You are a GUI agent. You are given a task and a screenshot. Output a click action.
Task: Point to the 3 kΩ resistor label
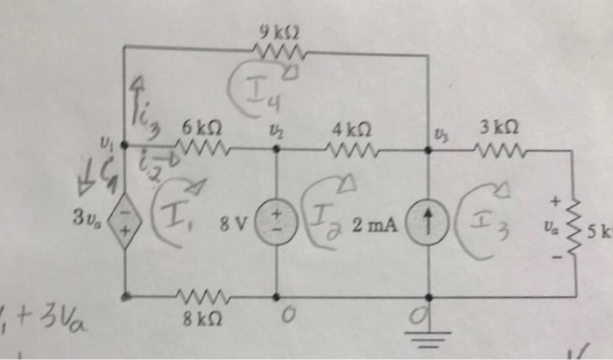pos(495,129)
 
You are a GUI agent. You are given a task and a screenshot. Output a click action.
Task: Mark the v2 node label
pos(274,131)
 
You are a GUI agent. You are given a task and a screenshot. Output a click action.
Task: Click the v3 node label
pos(439,132)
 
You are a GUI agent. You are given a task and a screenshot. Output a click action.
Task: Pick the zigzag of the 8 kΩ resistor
pos(201,296)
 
